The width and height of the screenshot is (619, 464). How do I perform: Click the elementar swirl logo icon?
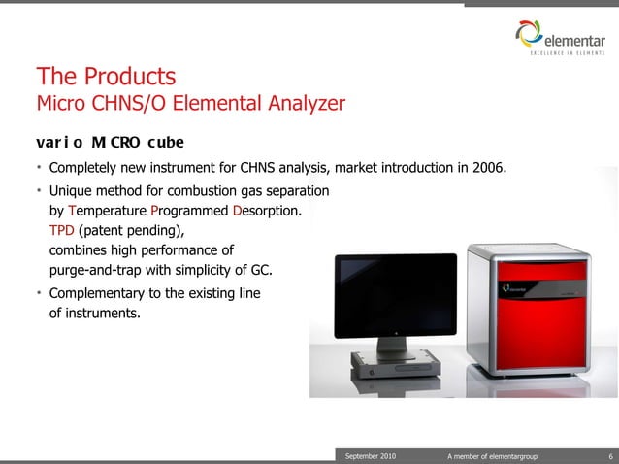[529, 33]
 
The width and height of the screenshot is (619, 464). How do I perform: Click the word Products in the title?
[129, 76]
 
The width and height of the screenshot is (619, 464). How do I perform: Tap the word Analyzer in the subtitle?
[307, 104]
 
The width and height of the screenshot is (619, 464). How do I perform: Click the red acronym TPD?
[61, 230]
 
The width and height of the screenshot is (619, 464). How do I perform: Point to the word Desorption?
[267, 211]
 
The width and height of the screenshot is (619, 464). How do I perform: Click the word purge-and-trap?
[95, 271]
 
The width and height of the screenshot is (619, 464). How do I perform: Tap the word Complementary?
[97, 294]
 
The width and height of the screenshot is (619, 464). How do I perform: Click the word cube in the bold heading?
[166, 142]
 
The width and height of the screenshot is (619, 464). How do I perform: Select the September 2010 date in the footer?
[371, 456]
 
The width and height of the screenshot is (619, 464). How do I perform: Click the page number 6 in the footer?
[610, 456]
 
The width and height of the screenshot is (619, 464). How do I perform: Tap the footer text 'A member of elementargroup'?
[492, 456]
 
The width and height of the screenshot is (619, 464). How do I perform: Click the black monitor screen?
[396, 295]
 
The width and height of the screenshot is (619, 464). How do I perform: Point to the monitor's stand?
[393, 348]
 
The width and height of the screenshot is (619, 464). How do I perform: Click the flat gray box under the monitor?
[396, 364]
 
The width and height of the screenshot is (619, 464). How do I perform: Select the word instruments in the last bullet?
[102, 314]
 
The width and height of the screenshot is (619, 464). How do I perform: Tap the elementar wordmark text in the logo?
[574, 41]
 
